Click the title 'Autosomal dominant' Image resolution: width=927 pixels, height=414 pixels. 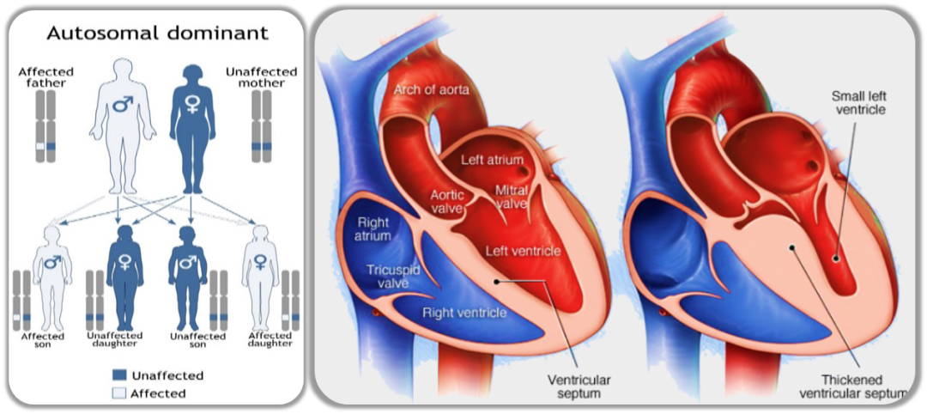[x=157, y=33]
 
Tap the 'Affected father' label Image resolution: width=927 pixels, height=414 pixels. [x=46, y=76]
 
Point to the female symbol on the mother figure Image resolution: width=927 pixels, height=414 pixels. [x=192, y=106]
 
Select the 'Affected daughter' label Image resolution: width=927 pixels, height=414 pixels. [x=270, y=339]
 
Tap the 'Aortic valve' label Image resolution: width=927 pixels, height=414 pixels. [x=446, y=203]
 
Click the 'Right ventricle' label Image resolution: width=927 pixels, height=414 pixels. [x=463, y=313]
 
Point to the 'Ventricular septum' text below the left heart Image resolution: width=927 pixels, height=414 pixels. [x=573, y=387]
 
